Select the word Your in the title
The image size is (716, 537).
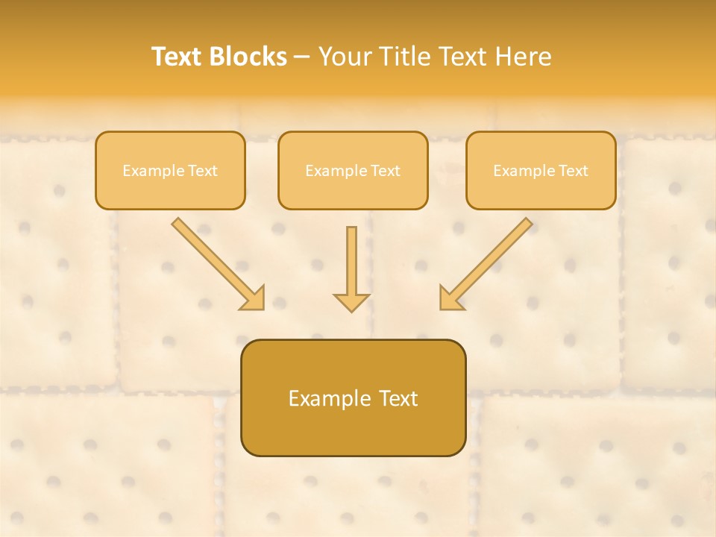(x=348, y=57)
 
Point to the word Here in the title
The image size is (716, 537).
(x=522, y=57)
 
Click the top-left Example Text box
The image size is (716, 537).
(x=170, y=170)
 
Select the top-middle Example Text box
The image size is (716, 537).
(x=353, y=170)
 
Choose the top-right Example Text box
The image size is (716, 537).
(x=541, y=170)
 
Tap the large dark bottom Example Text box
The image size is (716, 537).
(x=353, y=398)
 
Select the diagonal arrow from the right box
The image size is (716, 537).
(x=489, y=261)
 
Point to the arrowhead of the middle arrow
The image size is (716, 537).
(x=351, y=302)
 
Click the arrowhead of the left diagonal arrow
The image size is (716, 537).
(x=254, y=299)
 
